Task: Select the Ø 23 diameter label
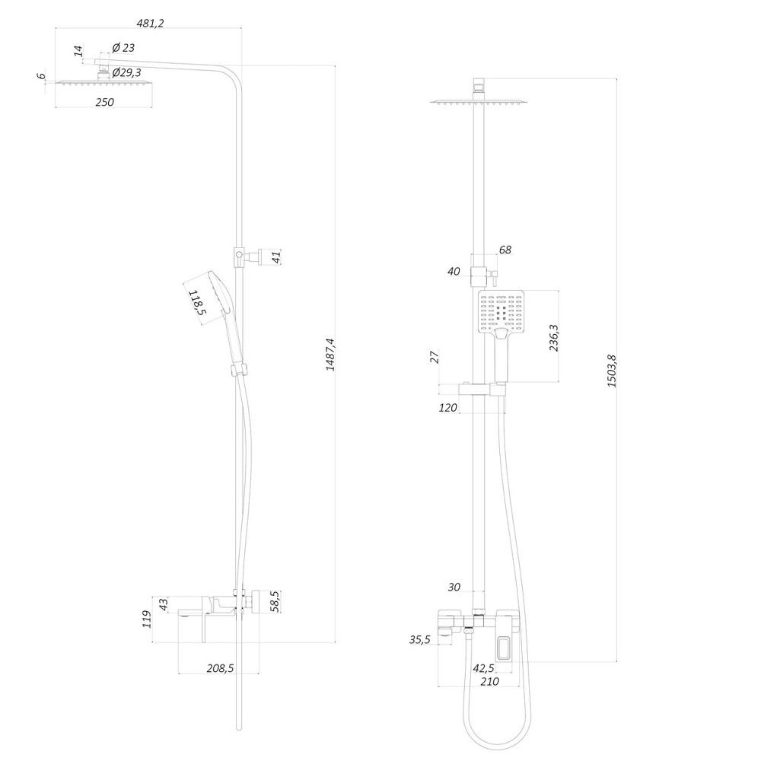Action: [123, 48]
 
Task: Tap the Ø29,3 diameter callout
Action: [128, 73]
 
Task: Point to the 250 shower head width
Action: [104, 102]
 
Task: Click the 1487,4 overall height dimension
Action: [330, 355]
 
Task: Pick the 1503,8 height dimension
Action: [611, 372]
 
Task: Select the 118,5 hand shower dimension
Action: [197, 302]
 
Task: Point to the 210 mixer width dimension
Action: [489, 682]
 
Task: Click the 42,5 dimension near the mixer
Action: [484, 668]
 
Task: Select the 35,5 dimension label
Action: [419, 640]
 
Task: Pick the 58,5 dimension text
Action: [275, 600]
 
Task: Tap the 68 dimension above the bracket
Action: [505, 250]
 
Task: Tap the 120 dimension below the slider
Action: [448, 408]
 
